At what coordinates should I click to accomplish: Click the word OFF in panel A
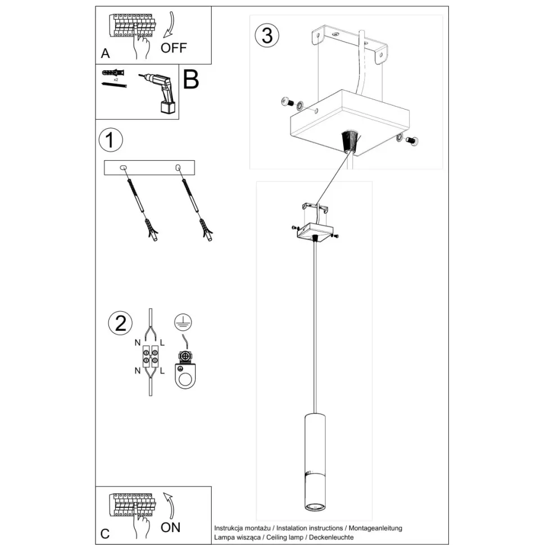click(173, 48)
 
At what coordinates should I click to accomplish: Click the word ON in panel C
click(170, 527)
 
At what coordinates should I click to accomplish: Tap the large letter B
click(190, 80)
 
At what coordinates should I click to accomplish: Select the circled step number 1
click(110, 140)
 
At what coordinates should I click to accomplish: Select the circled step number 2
click(120, 323)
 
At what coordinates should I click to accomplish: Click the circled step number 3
click(267, 35)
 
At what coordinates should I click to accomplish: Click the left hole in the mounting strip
click(124, 167)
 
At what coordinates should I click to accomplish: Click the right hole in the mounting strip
click(178, 167)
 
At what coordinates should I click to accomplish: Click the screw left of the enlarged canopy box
click(288, 102)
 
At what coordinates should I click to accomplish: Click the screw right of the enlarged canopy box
click(412, 141)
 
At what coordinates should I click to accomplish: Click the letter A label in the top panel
click(105, 54)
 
